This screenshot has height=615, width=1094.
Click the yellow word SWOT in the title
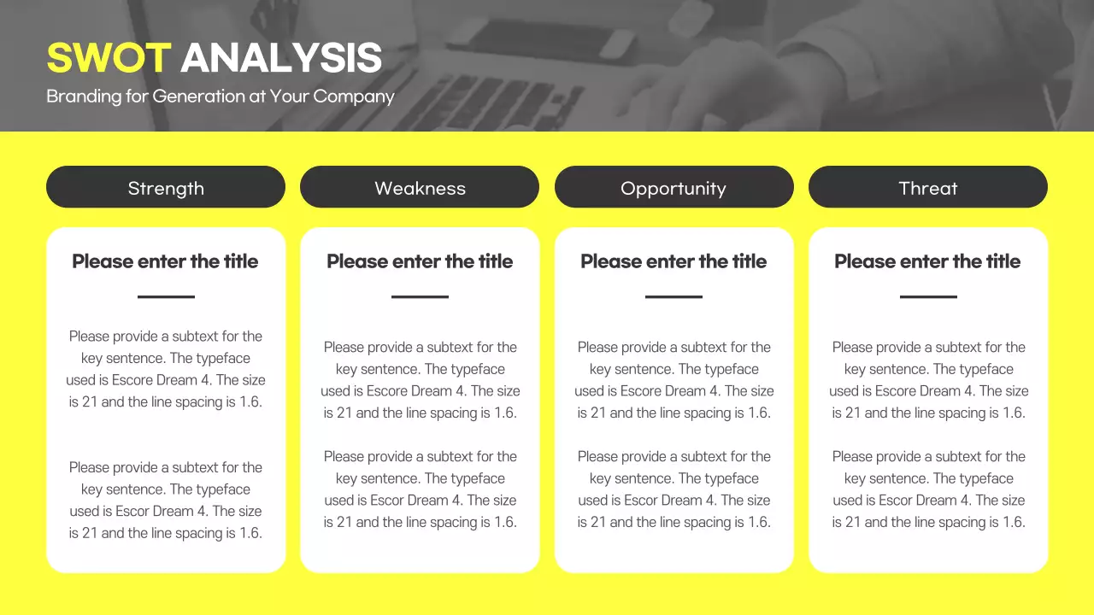[x=109, y=58]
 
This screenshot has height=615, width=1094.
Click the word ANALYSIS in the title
[x=281, y=58]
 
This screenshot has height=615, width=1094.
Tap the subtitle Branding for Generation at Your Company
[x=220, y=97]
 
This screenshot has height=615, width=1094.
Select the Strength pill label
[x=166, y=188]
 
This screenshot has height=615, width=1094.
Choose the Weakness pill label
[x=420, y=188]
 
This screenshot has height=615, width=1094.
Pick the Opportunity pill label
[x=673, y=188]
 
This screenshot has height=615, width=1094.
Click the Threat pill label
[x=928, y=188]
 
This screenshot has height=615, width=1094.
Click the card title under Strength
[x=165, y=261]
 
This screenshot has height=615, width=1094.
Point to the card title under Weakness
[x=420, y=261]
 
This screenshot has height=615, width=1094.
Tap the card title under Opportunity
[x=673, y=261]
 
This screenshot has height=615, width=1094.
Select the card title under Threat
[x=927, y=261]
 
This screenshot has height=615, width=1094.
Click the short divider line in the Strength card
[x=166, y=297]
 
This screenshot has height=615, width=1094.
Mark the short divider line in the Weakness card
[x=420, y=297]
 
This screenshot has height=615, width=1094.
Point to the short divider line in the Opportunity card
[x=673, y=297]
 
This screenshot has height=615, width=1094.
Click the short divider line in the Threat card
[x=928, y=297]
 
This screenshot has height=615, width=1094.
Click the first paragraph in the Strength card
[x=166, y=369]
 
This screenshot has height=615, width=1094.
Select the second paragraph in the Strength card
[x=166, y=501]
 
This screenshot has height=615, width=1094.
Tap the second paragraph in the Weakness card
[x=420, y=489]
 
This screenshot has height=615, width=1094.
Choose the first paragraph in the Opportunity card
[x=673, y=380]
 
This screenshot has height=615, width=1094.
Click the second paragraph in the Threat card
[x=928, y=489]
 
